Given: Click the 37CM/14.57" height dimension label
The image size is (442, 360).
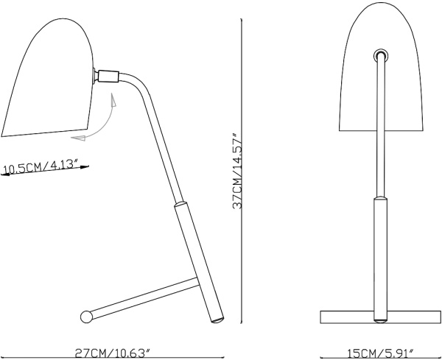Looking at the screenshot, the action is click(237, 171).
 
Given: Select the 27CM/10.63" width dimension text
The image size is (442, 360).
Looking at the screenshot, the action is click(113, 353).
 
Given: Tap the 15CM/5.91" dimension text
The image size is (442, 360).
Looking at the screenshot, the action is click(381, 353).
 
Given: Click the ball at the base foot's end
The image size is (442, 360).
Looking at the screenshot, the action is click(86, 317).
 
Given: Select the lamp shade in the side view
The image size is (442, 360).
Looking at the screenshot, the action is click(48, 77).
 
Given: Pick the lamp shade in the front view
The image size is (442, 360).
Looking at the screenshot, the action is click(381, 67).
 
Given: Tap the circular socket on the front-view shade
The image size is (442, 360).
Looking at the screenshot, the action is click(381, 55).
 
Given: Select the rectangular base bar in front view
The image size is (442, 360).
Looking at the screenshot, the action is click(381, 317).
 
